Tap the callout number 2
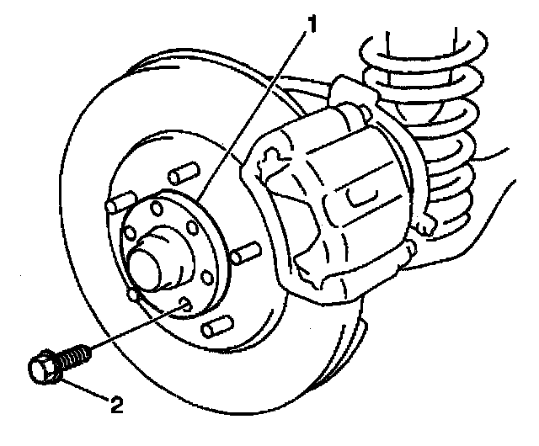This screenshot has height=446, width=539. click(117, 409)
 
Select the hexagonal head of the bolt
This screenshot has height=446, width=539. click(43, 370)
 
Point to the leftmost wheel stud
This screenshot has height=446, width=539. click(118, 203)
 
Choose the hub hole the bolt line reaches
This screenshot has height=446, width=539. click(183, 304)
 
